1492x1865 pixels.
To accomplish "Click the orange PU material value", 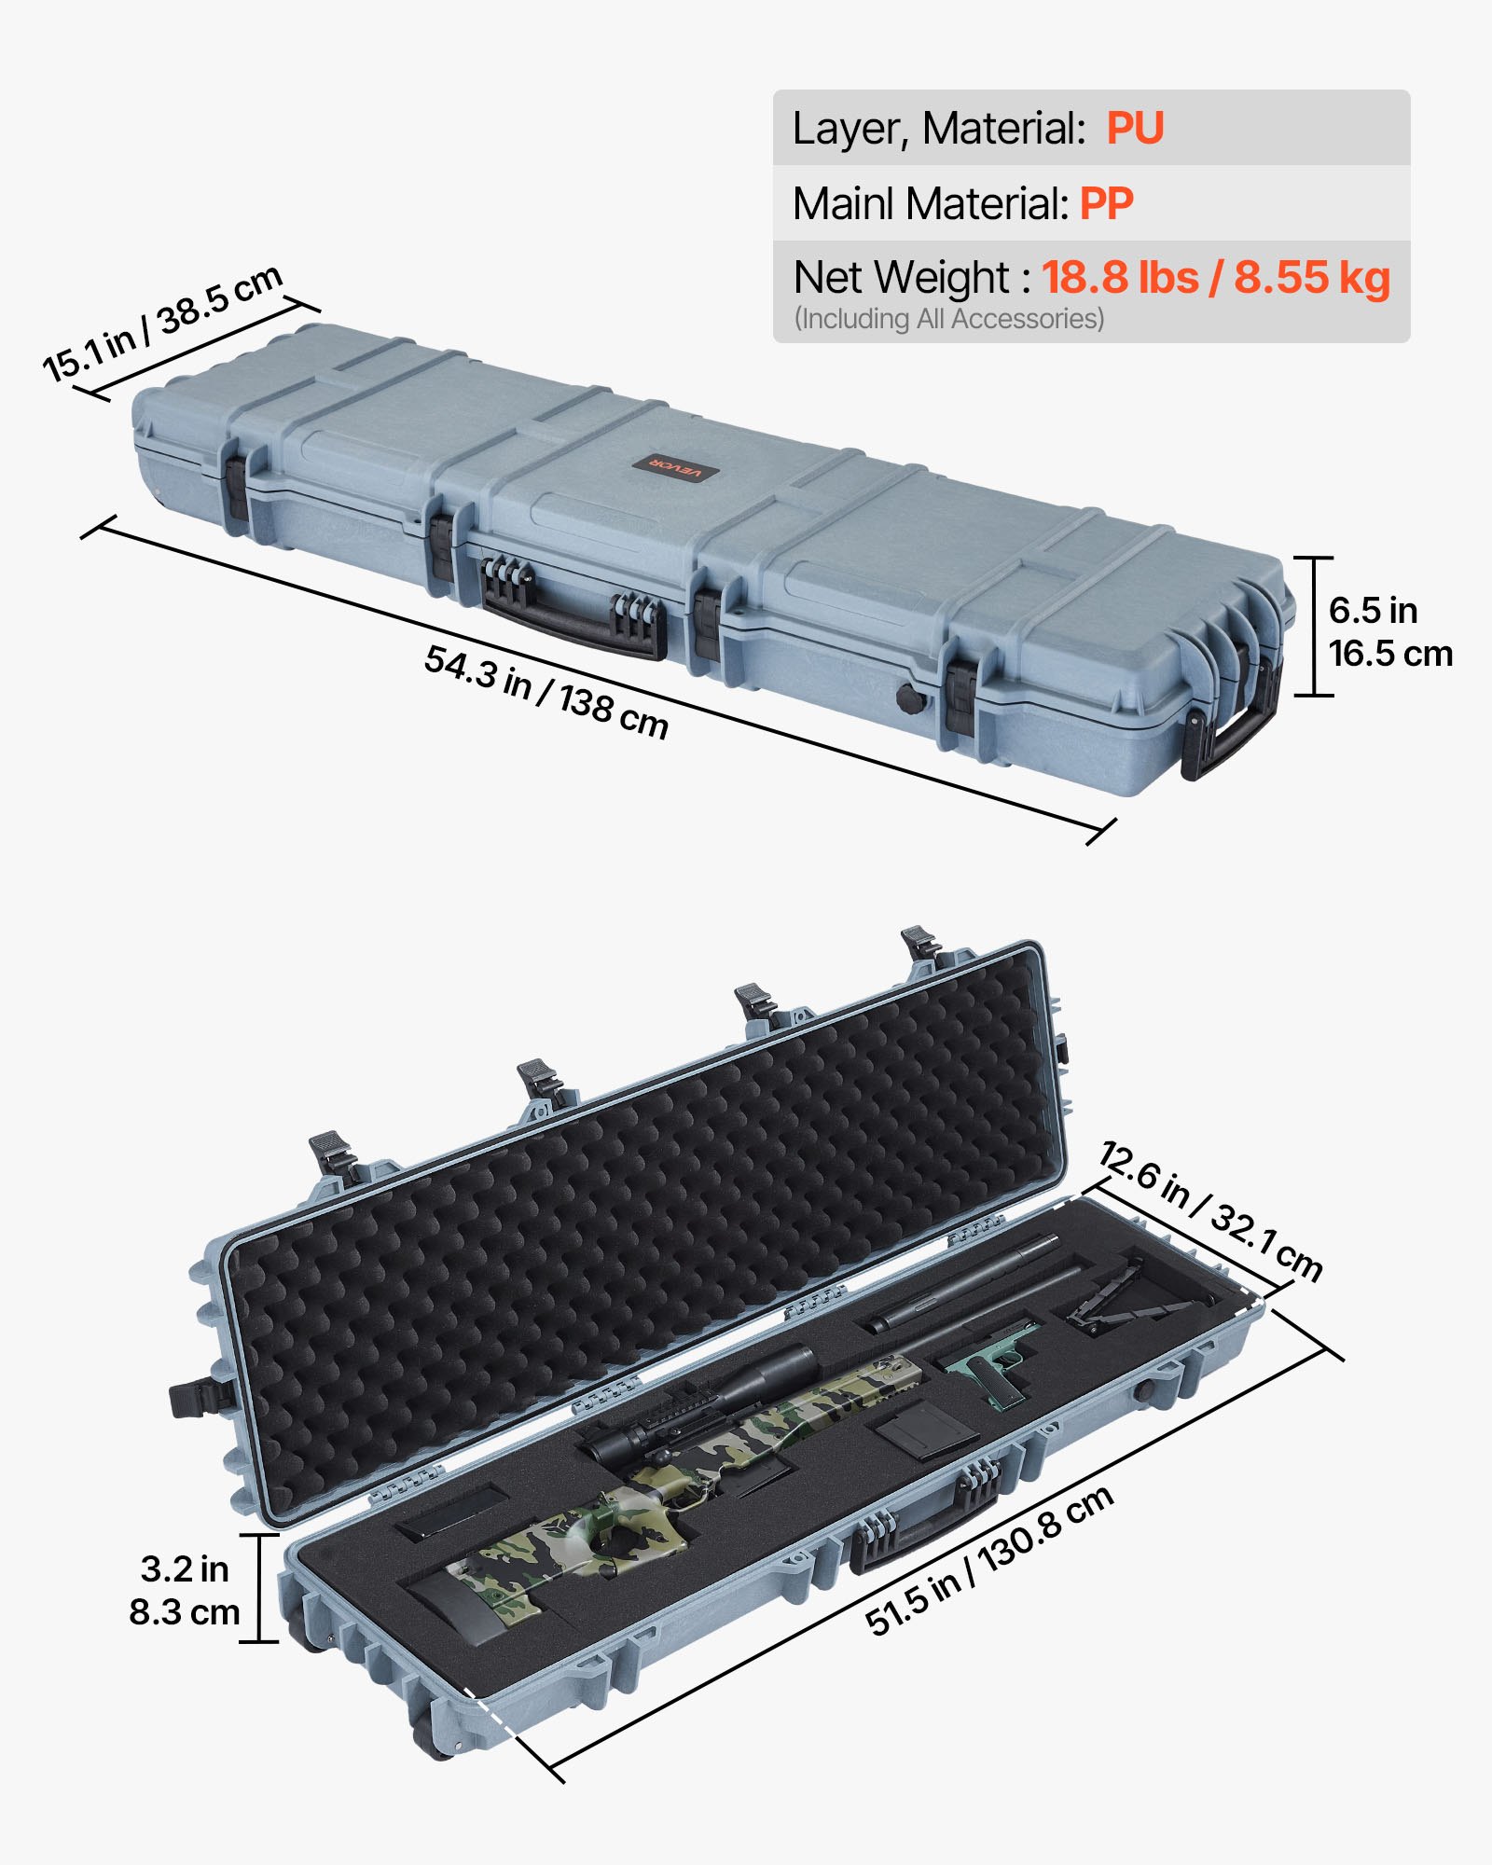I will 1134,129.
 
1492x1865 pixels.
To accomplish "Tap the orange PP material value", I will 1106,203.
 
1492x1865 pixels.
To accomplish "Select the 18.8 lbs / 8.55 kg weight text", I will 1215,277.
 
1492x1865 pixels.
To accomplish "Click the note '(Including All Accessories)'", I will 948,319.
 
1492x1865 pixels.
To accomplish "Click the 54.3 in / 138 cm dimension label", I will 546,692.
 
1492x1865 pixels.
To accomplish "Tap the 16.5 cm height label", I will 1389,654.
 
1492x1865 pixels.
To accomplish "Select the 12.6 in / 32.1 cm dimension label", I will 1210,1210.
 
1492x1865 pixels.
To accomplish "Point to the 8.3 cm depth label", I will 185,1612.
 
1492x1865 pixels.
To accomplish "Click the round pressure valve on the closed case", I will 909,698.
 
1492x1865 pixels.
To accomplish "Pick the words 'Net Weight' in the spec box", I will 901,277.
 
